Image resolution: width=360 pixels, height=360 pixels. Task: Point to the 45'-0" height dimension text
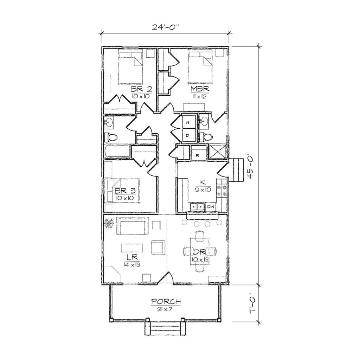point(250,166)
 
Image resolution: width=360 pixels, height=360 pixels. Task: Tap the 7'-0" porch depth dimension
point(250,304)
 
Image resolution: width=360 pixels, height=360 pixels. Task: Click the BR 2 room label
point(142,88)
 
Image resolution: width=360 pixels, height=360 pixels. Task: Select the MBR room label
point(200,88)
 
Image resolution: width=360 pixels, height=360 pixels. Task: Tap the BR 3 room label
point(125,191)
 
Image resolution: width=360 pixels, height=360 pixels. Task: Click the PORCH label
point(166,301)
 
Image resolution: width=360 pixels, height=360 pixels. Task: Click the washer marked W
point(188,122)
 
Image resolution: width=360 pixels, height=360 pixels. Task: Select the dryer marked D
point(188,135)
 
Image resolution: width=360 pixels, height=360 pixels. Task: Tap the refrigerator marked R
point(198,154)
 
